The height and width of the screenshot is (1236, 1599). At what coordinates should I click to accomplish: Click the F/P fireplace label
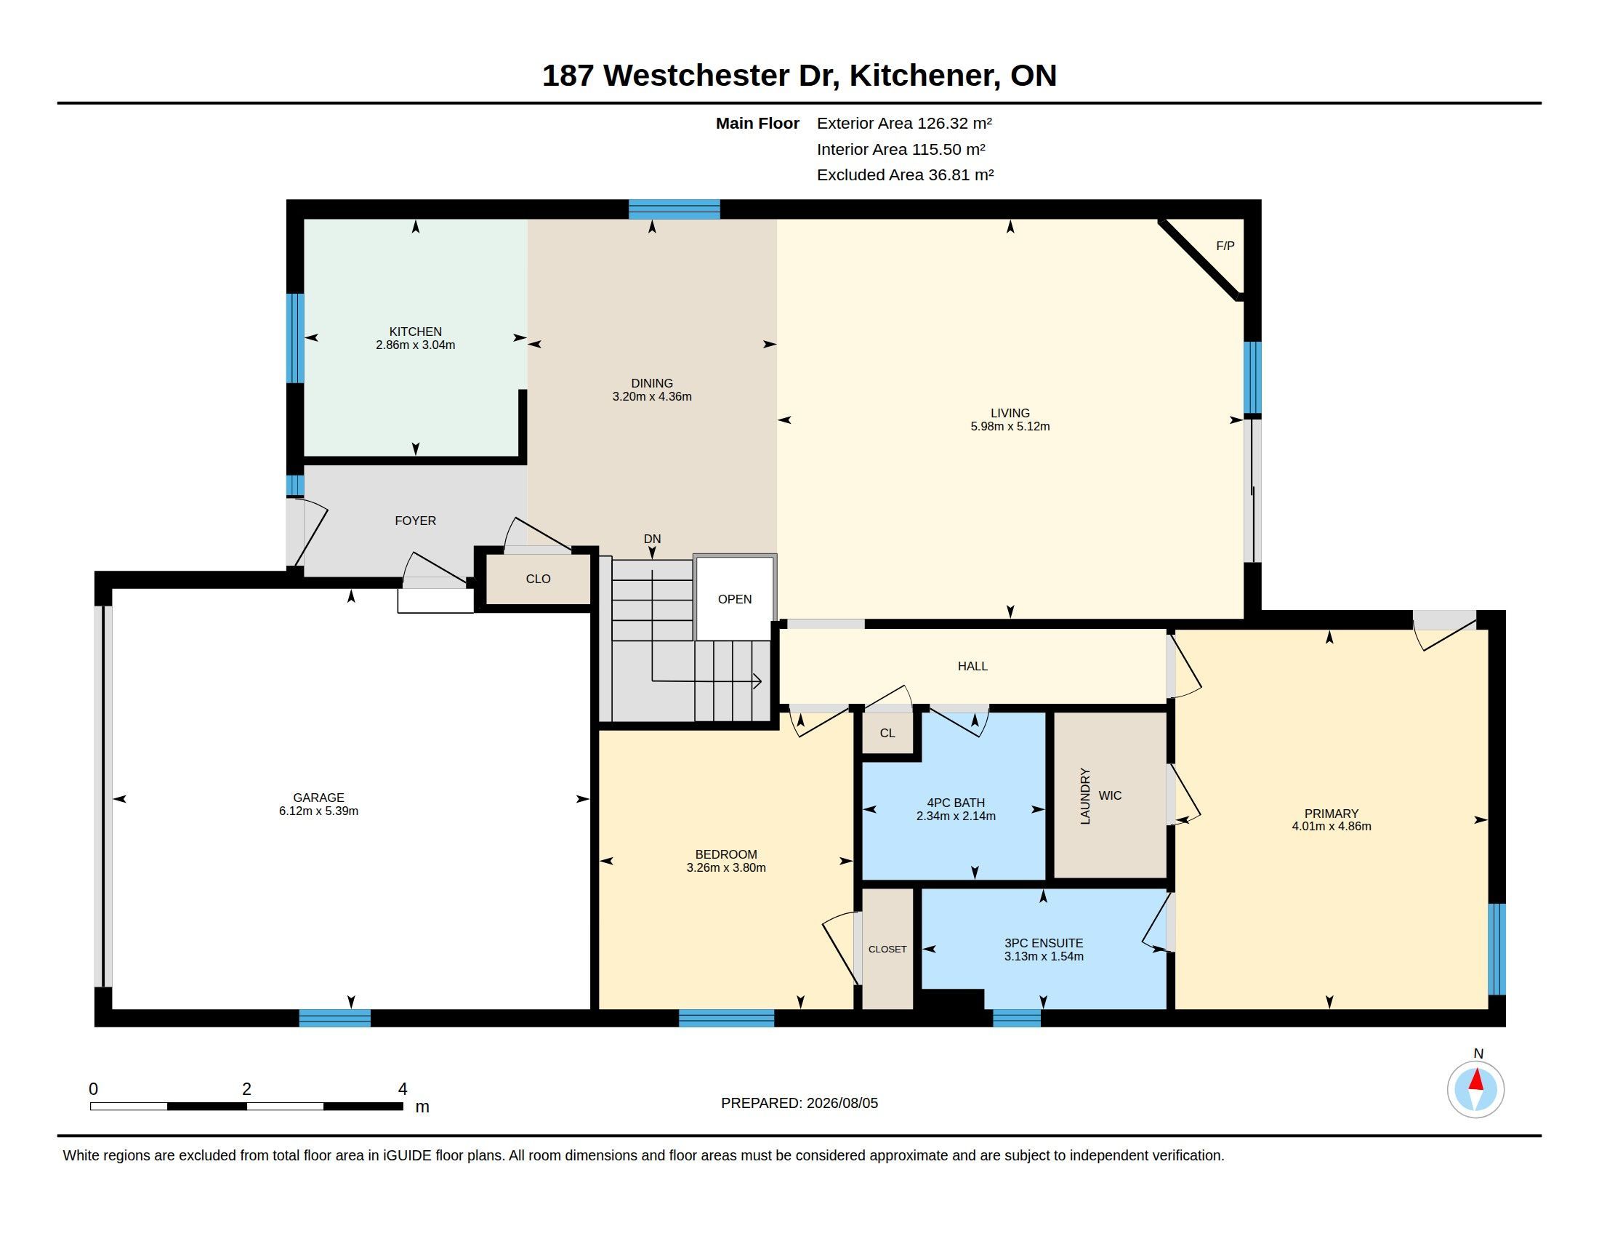pos(1225,246)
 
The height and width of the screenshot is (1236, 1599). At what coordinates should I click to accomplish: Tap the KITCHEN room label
pos(415,332)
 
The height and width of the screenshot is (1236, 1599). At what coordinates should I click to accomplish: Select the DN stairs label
pos(653,539)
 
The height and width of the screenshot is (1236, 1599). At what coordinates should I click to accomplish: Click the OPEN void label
pos(734,599)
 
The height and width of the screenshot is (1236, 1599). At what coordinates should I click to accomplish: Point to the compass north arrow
pos(1476,1080)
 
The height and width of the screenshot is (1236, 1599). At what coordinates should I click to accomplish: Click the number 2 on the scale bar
pos(246,1089)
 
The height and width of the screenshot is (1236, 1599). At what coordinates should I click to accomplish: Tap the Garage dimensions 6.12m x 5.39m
pos(318,811)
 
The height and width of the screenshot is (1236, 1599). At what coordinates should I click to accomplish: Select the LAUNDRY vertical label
pos(1085,796)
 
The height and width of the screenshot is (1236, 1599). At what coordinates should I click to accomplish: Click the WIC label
pos(1110,796)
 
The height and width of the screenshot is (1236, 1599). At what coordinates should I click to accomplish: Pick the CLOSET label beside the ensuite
pos(887,949)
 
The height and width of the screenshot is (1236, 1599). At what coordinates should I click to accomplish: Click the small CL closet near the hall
pos(887,733)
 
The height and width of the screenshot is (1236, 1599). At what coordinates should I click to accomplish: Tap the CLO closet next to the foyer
pos(538,579)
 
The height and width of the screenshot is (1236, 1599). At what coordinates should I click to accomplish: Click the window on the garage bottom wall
pos(334,1018)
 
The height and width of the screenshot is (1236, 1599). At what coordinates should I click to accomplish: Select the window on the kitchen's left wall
pos(295,338)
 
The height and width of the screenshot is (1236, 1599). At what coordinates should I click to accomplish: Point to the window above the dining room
pos(674,209)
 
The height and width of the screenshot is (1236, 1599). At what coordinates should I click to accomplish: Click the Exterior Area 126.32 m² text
pos(904,123)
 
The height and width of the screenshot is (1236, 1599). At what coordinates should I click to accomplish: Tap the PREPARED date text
pos(799,1103)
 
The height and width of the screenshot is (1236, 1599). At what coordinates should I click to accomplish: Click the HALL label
pos(972,666)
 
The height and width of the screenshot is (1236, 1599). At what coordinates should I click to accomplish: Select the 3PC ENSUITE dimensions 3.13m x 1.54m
pos(1044,956)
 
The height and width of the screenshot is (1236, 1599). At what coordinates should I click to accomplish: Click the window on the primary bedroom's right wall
pos(1497,949)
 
